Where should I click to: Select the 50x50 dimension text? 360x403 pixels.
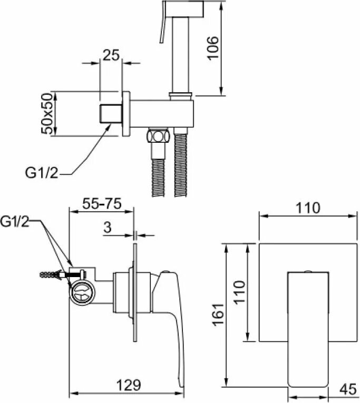(x=48, y=114)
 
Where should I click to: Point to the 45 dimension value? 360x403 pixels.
(x=346, y=389)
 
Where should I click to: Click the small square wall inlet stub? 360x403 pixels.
(x=111, y=114)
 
